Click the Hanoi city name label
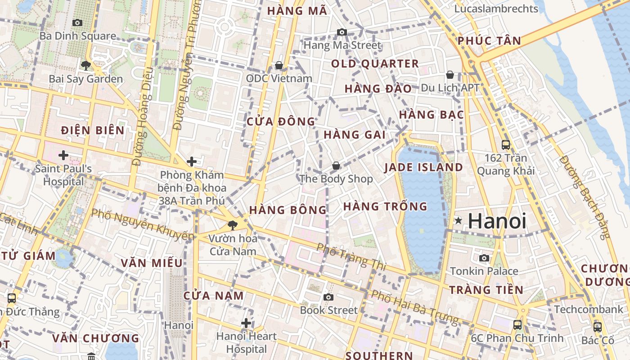[x=497, y=221]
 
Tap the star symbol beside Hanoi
[x=459, y=220]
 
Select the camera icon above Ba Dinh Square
[x=77, y=22]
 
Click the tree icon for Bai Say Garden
[x=85, y=66]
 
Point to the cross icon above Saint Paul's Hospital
[x=63, y=156]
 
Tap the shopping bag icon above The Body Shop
[x=336, y=166]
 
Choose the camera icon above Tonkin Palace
[x=484, y=258]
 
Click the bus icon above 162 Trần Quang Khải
[x=506, y=145]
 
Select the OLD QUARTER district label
[x=375, y=64]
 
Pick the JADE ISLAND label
[x=423, y=167]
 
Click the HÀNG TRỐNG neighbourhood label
[x=385, y=207]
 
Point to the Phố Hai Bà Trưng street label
[x=414, y=307]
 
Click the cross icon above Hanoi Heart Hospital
[x=246, y=323]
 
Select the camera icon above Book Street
[x=328, y=297]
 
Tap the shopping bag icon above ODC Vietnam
[x=279, y=66]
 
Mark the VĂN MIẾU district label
[x=152, y=263]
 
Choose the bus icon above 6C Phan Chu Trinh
[x=517, y=324]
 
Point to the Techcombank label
[x=589, y=310]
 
